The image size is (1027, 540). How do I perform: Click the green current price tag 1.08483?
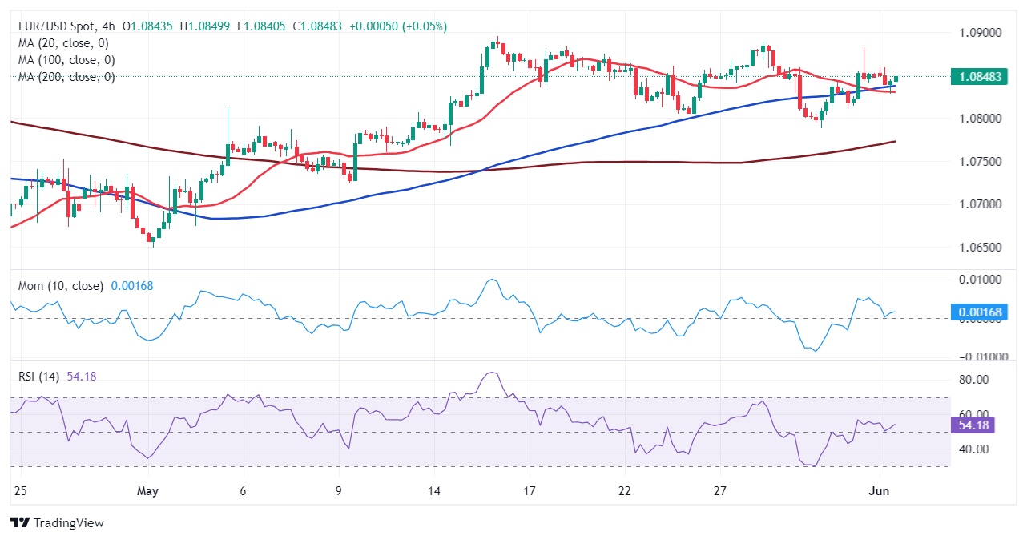point(979,77)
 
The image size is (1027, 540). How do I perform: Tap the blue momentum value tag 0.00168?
point(979,312)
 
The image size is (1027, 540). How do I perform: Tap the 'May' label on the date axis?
point(147,490)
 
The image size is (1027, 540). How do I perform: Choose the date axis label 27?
point(720,490)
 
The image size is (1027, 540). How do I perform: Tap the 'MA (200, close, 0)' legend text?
point(66,77)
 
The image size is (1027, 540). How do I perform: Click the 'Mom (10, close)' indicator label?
point(61,286)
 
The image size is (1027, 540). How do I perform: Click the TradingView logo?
point(58,522)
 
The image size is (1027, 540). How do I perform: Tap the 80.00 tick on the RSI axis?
point(973,380)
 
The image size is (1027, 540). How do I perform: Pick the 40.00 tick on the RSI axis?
point(973,449)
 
